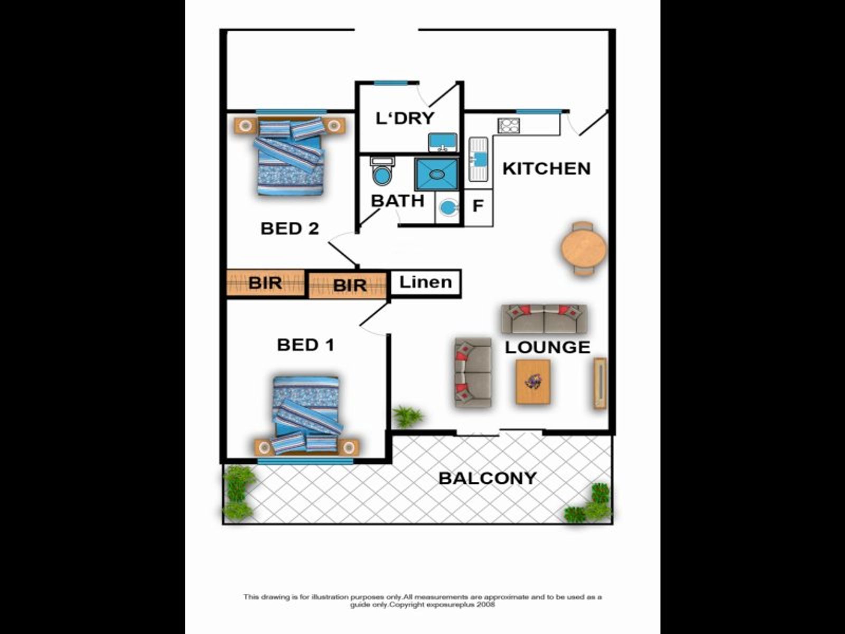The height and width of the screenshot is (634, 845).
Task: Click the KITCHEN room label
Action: (x=546, y=169)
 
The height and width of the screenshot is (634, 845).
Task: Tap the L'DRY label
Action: (x=405, y=118)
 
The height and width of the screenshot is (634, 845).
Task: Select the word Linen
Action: (x=425, y=282)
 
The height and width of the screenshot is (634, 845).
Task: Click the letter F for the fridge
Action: (x=478, y=206)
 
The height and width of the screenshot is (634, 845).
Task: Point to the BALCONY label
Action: (x=487, y=478)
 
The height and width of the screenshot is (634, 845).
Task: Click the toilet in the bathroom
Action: (x=382, y=171)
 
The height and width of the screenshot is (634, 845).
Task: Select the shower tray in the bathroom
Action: (x=437, y=174)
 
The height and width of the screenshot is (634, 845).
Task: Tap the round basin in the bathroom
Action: (x=447, y=208)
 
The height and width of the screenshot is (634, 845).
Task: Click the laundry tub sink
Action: (x=443, y=142)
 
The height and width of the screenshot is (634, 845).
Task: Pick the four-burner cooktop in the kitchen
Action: (x=509, y=126)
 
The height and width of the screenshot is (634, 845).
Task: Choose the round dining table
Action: (x=584, y=248)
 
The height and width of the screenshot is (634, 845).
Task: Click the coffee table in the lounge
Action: (x=533, y=382)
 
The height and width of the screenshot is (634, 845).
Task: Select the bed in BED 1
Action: (x=307, y=414)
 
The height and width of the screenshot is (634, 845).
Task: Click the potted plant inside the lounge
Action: (x=407, y=416)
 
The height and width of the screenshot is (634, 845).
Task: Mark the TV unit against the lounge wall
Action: (x=600, y=383)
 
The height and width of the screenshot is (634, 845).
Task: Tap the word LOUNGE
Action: (x=548, y=347)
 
